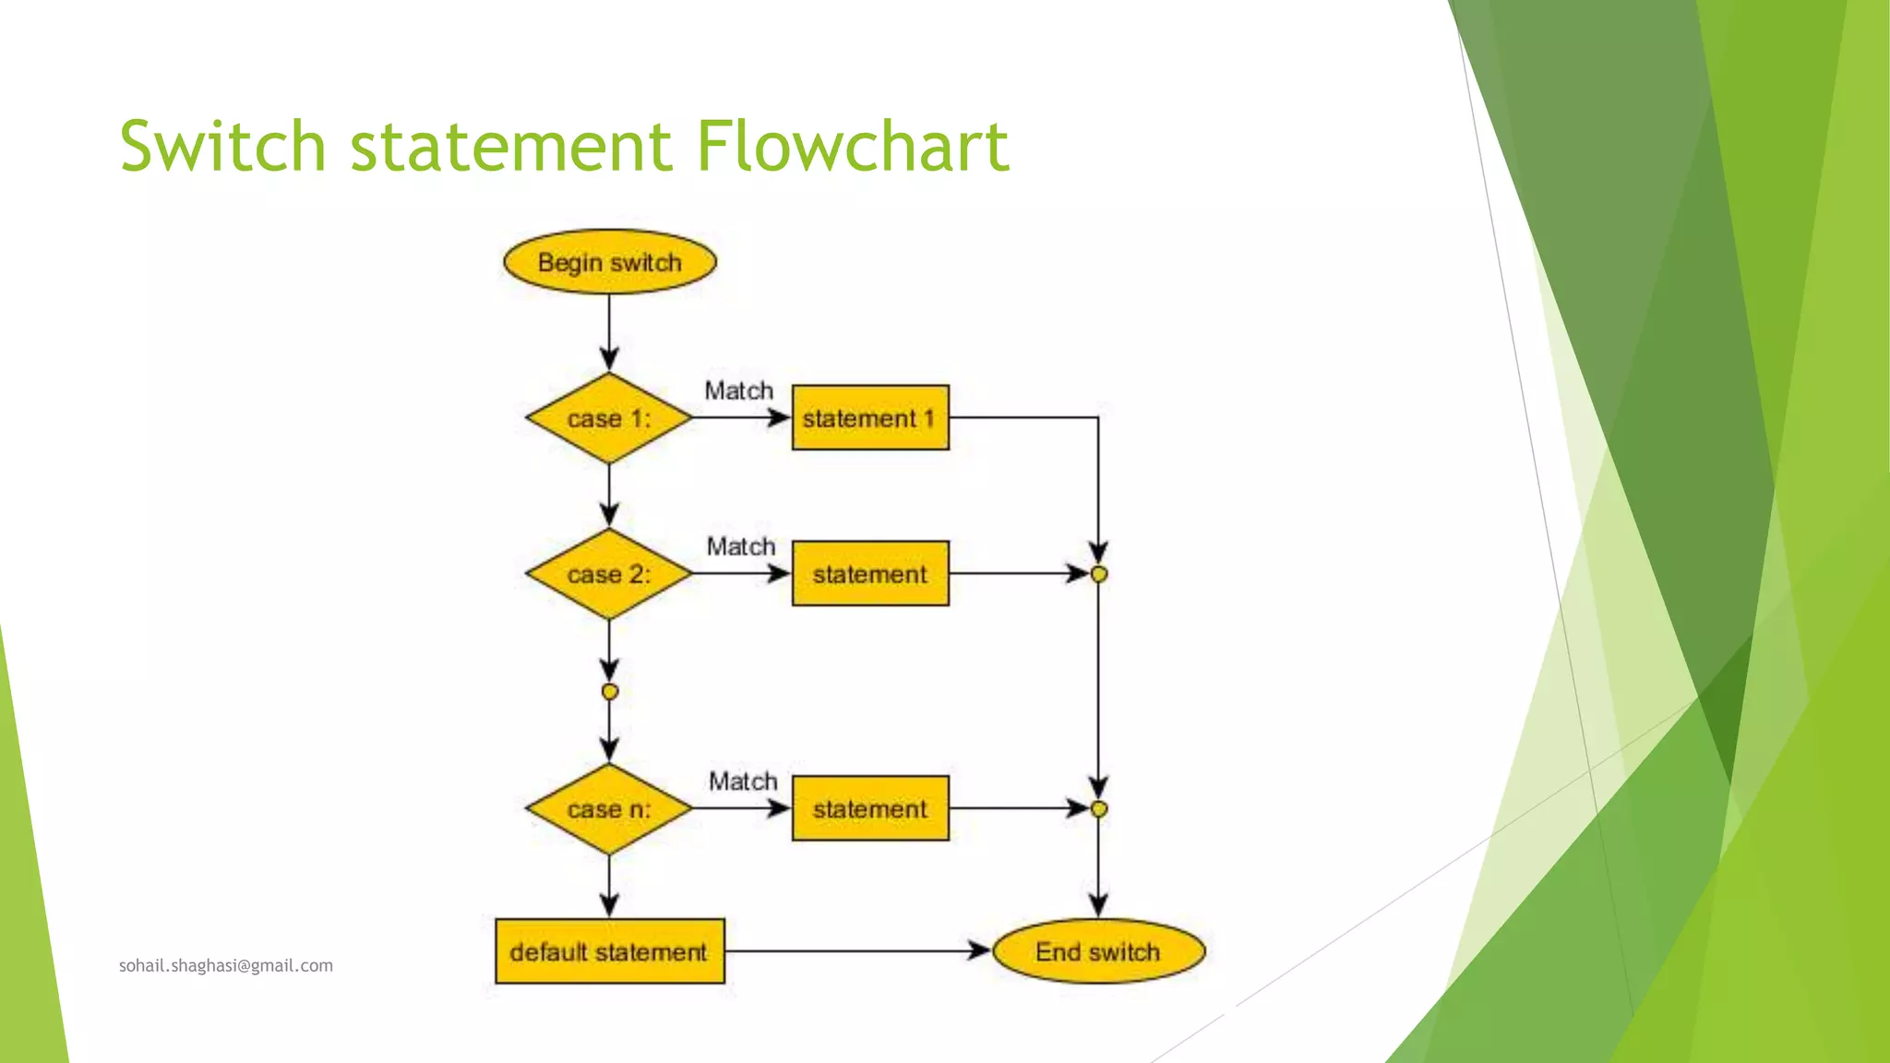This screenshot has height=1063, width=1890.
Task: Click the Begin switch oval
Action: coord(609,262)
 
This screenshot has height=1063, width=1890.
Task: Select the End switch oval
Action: coord(1098,951)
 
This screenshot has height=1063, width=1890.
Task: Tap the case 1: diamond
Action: coord(609,418)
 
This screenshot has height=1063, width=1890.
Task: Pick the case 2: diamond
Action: coord(609,574)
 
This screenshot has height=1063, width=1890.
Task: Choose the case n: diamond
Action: coord(609,809)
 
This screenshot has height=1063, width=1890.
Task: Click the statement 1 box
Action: coord(870,418)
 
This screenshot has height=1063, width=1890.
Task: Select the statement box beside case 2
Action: coord(870,574)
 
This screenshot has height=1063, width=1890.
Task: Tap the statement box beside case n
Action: coord(870,809)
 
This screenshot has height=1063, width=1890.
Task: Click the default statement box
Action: coord(609,951)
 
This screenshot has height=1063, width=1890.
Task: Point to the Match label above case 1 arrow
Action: coord(739,390)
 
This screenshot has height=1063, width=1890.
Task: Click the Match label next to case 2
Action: coord(741,546)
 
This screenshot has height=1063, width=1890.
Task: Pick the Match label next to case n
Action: coord(743,782)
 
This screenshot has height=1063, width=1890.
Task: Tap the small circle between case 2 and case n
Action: coord(609,691)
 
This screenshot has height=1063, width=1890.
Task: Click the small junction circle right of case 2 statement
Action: coord(1098,574)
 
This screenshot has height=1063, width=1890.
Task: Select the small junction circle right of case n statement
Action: coord(1098,809)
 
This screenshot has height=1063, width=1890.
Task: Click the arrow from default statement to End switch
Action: coord(858,950)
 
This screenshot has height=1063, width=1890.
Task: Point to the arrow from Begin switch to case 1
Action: coord(609,332)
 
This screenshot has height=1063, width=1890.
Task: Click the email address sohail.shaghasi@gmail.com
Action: coord(226,965)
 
